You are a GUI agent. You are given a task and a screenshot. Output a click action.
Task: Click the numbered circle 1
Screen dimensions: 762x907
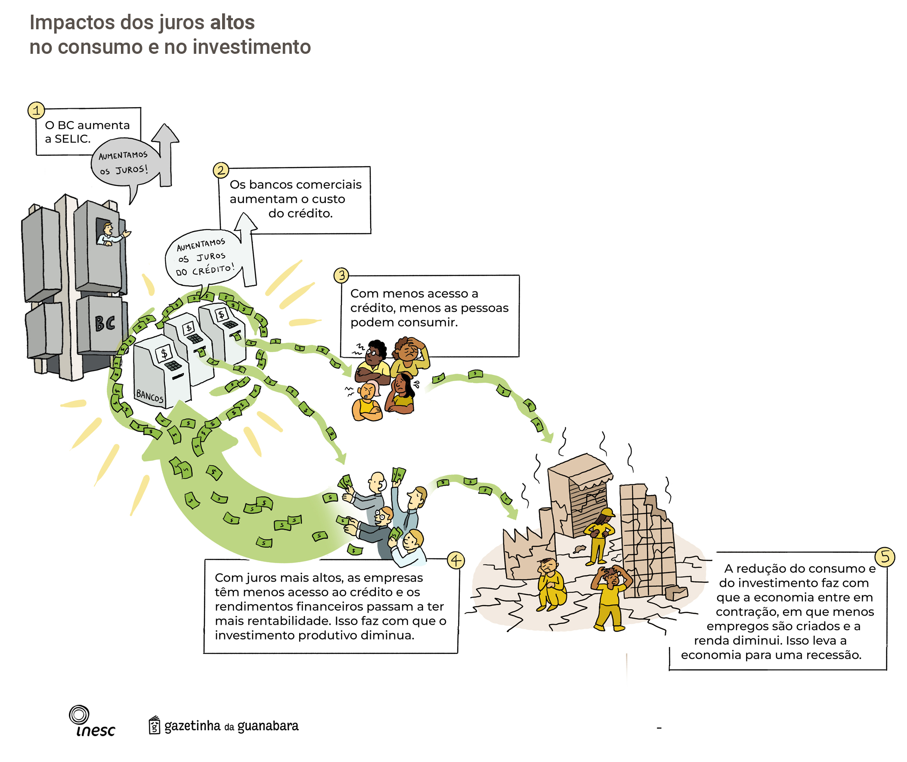[x=36, y=111]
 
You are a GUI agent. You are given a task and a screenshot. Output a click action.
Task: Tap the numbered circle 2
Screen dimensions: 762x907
[x=221, y=170]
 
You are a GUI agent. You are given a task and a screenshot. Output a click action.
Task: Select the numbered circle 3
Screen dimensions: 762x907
[x=341, y=275]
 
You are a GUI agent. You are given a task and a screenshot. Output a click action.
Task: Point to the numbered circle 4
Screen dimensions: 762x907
[x=456, y=561]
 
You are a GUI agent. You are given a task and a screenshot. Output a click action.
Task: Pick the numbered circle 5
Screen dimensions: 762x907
[x=885, y=557]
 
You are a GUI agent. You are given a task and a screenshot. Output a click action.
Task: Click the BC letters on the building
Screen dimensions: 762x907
[x=105, y=323]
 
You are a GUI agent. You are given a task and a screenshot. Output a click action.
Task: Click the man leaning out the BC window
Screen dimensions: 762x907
[x=110, y=235]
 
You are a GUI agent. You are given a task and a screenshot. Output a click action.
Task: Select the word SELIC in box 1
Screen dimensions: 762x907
[x=72, y=139]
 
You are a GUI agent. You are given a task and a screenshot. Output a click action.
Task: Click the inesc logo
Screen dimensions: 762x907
[x=92, y=722]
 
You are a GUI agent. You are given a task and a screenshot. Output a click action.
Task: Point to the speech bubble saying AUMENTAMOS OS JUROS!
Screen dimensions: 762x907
[x=124, y=162]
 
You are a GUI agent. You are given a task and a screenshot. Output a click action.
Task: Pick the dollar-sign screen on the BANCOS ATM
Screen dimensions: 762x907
[x=164, y=354]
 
